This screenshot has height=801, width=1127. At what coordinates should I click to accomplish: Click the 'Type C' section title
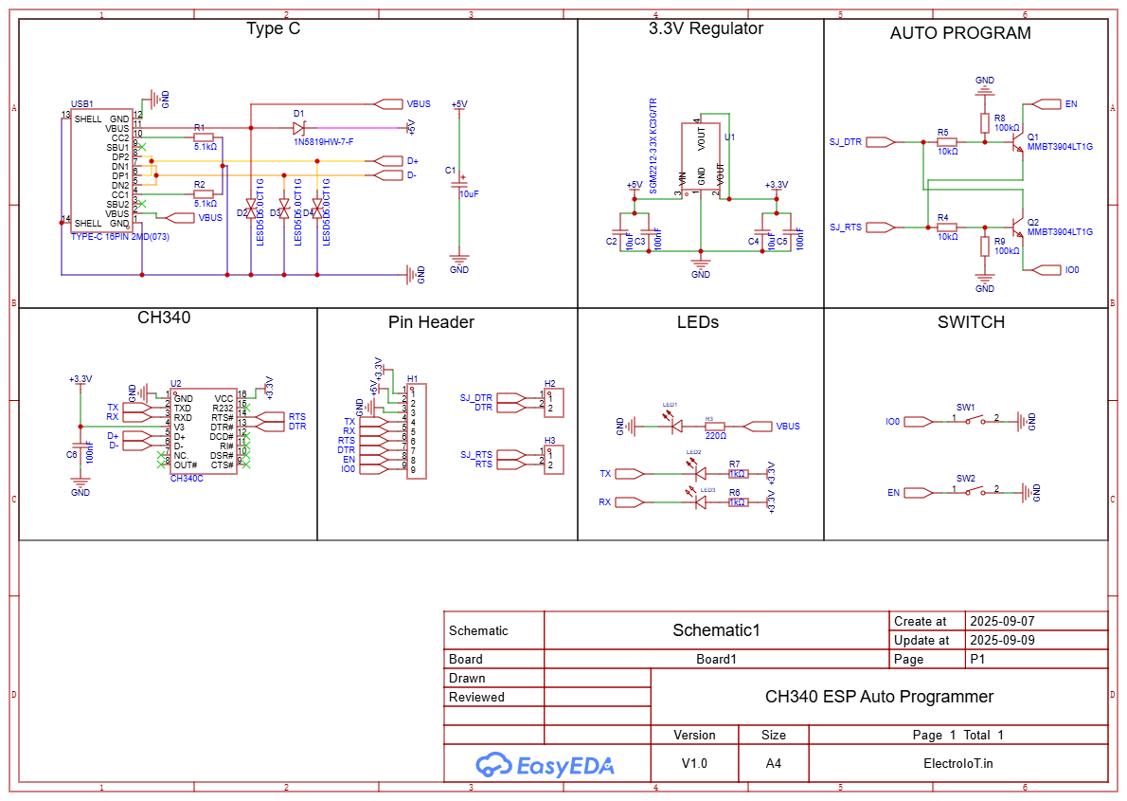273,28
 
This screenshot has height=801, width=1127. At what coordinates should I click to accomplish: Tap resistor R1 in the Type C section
203,137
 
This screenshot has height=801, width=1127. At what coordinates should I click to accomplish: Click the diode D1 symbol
298,128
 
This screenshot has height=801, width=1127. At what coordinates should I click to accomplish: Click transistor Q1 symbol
1017,143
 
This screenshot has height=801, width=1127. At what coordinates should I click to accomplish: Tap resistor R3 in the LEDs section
715,427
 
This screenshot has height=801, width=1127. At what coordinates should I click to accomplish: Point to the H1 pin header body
417,430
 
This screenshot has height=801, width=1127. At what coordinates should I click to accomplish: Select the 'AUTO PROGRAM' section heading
960,33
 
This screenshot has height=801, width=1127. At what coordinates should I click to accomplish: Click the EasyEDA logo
545,764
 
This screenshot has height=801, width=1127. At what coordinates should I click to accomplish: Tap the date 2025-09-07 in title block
1002,622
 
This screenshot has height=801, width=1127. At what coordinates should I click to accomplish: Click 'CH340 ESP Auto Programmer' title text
879,697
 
